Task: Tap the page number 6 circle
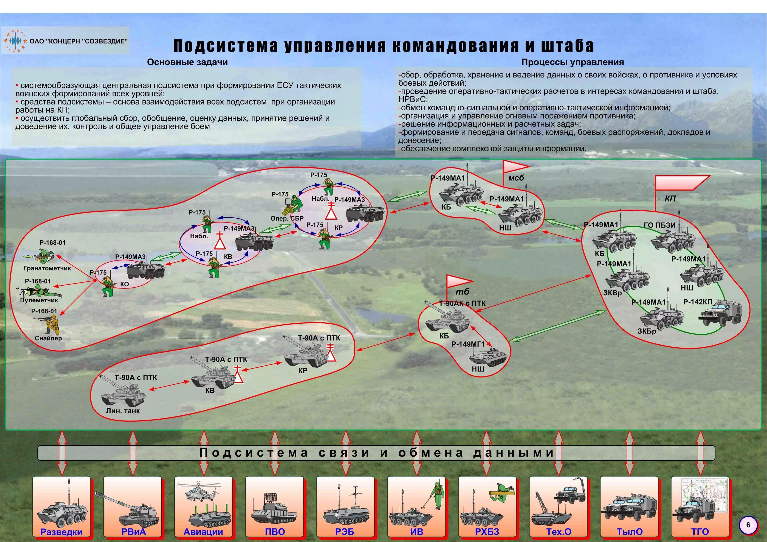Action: click(x=748, y=525)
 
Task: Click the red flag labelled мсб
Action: click(x=515, y=167)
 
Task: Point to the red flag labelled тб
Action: click(x=459, y=281)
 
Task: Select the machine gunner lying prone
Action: click(x=39, y=292)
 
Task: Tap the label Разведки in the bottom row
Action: click(x=61, y=532)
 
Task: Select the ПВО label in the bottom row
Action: click(x=275, y=532)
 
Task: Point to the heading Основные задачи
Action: click(x=187, y=62)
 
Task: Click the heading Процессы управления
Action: click(x=573, y=62)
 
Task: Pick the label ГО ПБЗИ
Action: click(x=659, y=225)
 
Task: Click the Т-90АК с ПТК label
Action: click(x=462, y=303)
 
